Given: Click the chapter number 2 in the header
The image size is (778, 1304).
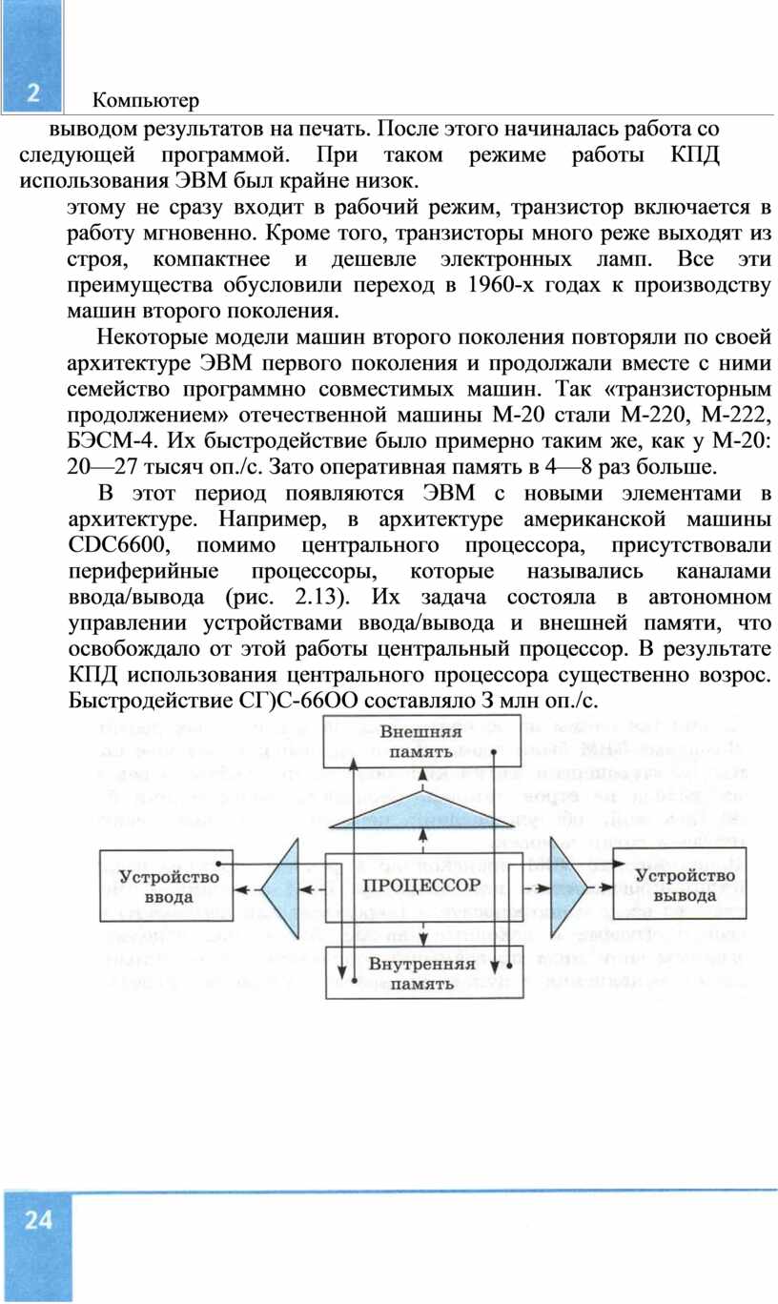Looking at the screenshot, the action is pos(33,92).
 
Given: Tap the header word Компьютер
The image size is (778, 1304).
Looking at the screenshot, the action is pos(146,101).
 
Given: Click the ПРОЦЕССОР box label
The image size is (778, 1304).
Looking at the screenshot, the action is pos(421,886).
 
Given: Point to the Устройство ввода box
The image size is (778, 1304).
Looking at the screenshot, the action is pos(167,886).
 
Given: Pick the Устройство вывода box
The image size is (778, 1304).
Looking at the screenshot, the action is pos(680,885).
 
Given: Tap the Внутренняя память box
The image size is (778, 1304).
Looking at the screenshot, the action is pos(424,973).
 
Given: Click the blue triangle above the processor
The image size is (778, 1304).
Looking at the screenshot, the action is pos(421,810).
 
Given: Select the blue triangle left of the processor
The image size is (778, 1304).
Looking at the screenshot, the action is pos(280,889).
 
